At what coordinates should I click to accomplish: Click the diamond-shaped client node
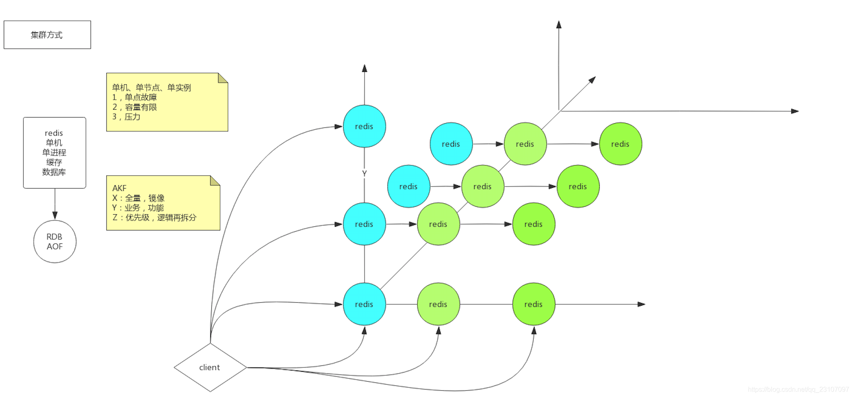click(x=210, y=368)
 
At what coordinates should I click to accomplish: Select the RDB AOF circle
click(x=55, y=242)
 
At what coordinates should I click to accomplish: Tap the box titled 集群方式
click(x=47, y=35)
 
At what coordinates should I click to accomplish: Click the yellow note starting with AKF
click(x=163, y=203)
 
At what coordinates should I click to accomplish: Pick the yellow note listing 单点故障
click(x=167, y=102)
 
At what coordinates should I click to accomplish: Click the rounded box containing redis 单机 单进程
click(x=54, y=153)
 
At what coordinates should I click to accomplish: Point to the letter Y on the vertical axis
click(x=364, y=174)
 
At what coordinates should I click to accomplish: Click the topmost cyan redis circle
click(x=364, y=126)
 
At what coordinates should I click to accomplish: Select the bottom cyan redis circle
click(x=364, y=304)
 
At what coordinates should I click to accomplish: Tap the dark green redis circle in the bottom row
click(x=534, y=304)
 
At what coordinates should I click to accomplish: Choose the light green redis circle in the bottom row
click(x=438, y=304)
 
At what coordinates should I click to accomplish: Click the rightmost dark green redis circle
click(x=620, y=144)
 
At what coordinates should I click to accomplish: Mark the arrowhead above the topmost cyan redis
click(x=364, y=68)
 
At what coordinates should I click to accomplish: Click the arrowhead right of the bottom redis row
click(x=641, y=304)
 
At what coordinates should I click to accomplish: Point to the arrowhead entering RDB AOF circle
click(x=55, y=216)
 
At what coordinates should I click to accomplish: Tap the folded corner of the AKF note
click(x=215, y=181)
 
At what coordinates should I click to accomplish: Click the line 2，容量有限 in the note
click(x=135, y=107)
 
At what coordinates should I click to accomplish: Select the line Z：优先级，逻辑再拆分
click(x=154, y=218)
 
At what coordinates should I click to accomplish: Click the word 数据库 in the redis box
click(x=54, y=172)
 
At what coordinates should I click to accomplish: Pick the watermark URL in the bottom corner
click(x=798, y=390)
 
